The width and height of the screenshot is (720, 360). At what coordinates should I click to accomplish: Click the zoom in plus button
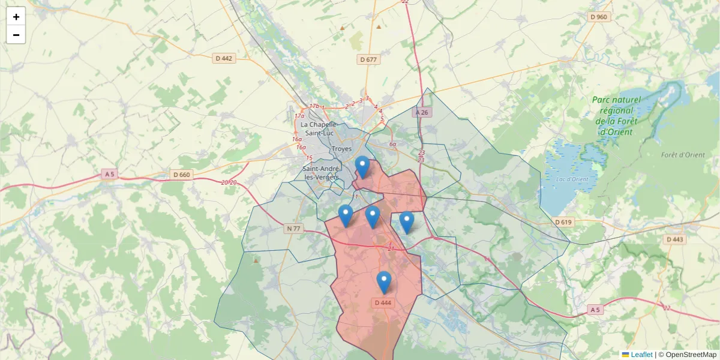coord(16,17)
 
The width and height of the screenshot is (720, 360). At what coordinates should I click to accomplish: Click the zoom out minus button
coord(16,35)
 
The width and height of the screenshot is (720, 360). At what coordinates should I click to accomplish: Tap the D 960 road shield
coord(599,17)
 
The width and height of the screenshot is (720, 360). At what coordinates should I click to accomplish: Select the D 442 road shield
coord(224,58)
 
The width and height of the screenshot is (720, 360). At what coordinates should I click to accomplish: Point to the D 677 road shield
coord(368,59)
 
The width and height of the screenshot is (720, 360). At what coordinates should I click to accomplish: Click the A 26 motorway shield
coord(422,112)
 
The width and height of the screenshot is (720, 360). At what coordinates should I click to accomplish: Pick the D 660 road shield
coord(181,175)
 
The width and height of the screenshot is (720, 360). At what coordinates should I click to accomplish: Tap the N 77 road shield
coord(293,229)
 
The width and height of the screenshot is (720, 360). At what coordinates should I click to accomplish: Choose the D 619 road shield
coord(563,222)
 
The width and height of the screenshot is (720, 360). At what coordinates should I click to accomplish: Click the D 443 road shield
coord(674,239)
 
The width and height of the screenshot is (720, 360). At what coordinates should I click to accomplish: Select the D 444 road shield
coord(383,303)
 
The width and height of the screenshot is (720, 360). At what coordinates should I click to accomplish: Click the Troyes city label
coord(341,149)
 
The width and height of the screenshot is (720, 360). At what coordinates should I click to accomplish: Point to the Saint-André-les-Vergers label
coord(322,173)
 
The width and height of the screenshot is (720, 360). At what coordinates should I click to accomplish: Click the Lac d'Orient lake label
coord(572,179)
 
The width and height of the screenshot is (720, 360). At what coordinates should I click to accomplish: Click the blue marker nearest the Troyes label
coord(362,166)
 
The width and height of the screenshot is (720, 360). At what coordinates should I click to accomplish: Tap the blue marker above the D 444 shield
coord(383,281)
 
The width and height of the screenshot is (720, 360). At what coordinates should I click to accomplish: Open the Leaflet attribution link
coord(641,355)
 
